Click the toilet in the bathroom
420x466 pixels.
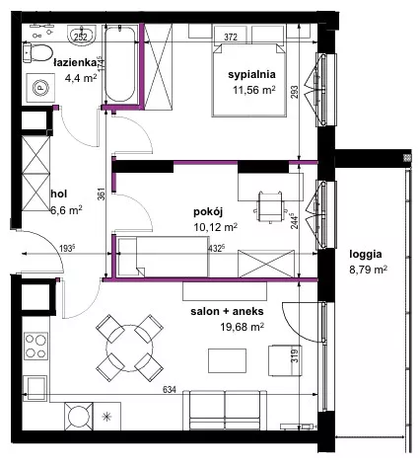pos(37,53)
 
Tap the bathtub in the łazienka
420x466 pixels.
pos(120,64)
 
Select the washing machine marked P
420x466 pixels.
pos(40,88)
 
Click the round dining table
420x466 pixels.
pos(129,348)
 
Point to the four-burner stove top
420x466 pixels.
pos(35,346)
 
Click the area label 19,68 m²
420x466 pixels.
pos(243,327)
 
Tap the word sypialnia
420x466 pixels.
pos(251,74)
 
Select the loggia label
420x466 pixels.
pos(366,255)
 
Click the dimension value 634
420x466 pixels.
pos(170,390)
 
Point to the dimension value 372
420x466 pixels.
pos(231,38)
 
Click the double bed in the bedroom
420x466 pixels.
pos(248,80)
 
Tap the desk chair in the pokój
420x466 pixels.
pos(270,206)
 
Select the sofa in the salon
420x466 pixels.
pos(225,410)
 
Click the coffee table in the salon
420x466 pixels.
pos(227,360)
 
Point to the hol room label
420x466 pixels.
pos(59,194)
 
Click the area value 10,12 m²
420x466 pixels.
pos(216,227)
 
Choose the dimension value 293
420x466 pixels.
pos(294,92)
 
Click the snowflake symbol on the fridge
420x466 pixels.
pos(106,417)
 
